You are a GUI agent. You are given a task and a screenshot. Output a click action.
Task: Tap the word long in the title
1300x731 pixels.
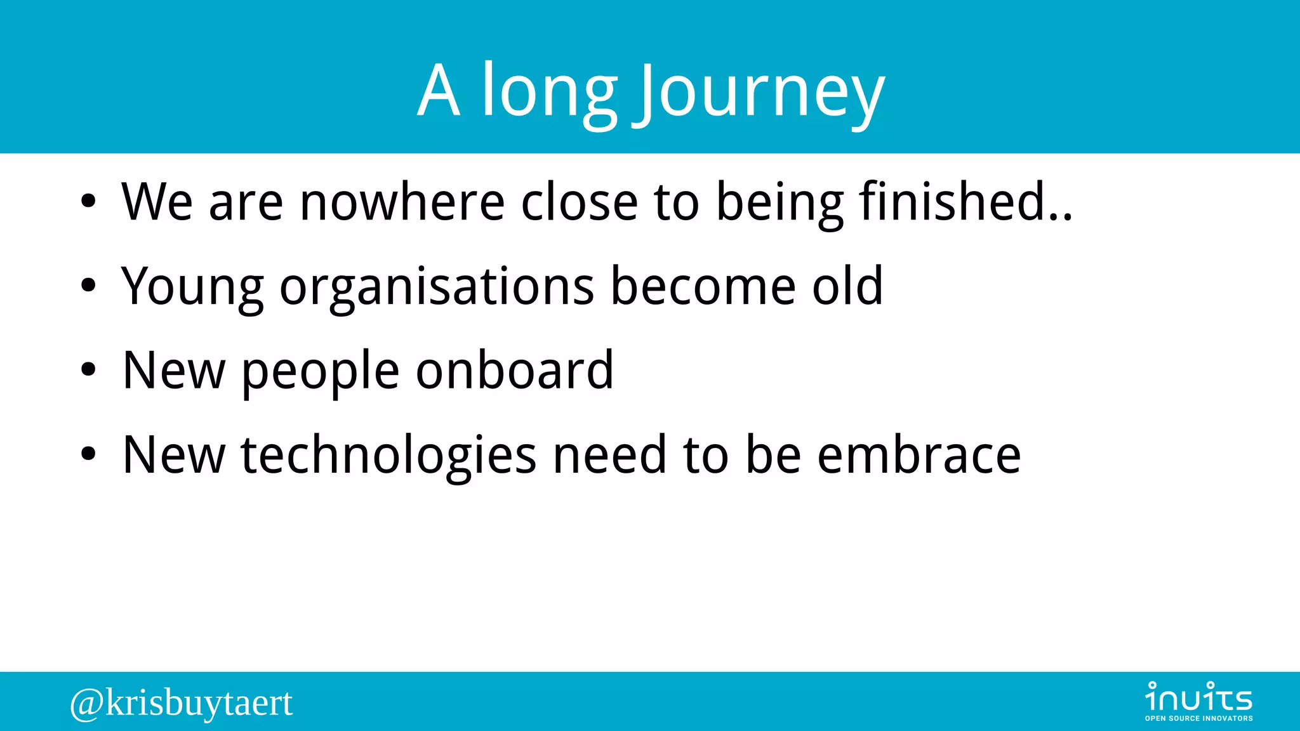point(549,92)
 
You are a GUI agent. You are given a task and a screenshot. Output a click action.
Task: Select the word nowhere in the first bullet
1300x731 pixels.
point(402,202)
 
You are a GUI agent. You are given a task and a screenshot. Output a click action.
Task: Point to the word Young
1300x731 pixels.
point(192,287)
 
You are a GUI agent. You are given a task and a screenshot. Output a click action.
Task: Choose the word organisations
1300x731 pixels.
point(437,287)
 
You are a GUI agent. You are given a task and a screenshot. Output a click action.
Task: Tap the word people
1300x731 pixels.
point(321,371)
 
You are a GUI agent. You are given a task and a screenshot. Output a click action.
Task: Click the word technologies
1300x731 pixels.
point(388,455)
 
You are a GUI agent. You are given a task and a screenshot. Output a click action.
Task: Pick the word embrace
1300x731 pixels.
point(919,455)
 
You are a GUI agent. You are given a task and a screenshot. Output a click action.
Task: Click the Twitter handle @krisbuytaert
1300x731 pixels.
point(182,703)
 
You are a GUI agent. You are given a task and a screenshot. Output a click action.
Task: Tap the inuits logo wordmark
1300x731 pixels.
point(1198,697)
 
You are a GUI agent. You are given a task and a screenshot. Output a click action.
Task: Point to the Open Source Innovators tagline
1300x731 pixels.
point(1198,718)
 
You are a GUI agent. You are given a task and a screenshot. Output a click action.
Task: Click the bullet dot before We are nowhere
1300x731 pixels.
point(88,202)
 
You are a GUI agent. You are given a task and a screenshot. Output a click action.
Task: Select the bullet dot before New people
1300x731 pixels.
point(88,370)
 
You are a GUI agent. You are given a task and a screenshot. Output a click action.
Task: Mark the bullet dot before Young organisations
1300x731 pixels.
point(88,286)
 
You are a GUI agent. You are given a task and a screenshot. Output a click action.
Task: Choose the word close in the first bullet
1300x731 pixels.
point(579,202)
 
